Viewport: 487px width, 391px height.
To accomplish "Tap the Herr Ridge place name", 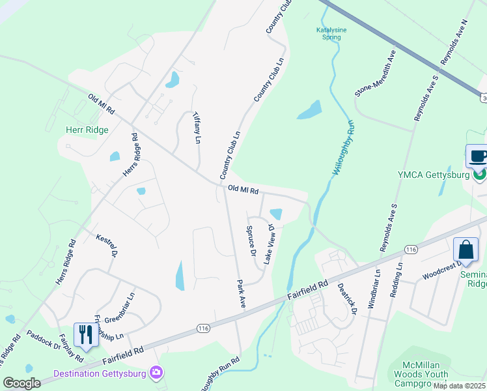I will tap(87, 130).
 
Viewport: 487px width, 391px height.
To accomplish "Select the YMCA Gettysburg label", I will tap(434, 175).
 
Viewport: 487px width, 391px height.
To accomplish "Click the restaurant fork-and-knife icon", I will tap(85, 334).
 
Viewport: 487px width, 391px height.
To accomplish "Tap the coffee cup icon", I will tap(479, 156).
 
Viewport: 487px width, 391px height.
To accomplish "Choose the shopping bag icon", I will tap(466, 250).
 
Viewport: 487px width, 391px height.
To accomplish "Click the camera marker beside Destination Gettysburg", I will tap(156, 372).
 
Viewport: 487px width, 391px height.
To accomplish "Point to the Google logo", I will tap(21, 383).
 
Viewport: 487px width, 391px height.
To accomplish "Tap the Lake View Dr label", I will tap(269, 244).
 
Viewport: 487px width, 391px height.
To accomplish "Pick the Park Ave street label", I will tap(241, 293).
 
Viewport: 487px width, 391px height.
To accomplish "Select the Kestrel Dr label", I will tap(107, 246).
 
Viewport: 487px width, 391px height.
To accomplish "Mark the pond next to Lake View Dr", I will tap(275, 214).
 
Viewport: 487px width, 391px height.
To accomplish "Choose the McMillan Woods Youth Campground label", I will tap(422, 374).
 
